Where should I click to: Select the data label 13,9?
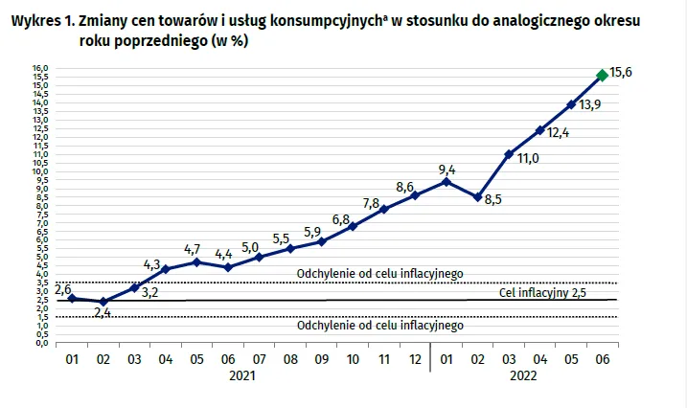click(x=590, y=105)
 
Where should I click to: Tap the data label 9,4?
click(x=446, y=170)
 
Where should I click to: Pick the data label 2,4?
click(x=103, y=313)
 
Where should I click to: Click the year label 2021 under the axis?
click(x=242, y=378)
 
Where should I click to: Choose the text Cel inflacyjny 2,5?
click(x=543, y=292)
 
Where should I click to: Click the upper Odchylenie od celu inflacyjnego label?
click(x=380, y=273)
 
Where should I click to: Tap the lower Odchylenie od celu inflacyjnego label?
click(x=380, y=326)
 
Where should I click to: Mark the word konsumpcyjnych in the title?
click(x=305, y=20)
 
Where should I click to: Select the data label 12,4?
click(x=560, y=133)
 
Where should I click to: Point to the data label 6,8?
click(x=340, y=219)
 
